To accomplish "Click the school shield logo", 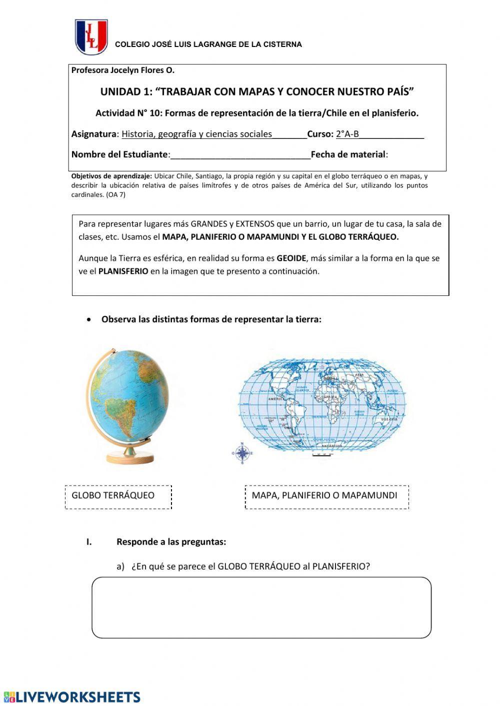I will point(91,37).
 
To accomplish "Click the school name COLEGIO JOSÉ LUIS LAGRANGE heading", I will point(208,44).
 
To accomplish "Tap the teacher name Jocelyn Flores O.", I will point(142,70).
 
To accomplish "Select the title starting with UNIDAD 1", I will point(257,92).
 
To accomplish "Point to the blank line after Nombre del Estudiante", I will point(240,155).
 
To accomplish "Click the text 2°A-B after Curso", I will point(347,134).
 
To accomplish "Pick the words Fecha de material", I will point(348,154).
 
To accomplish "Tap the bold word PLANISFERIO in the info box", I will point(123,271).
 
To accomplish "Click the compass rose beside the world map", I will point(242,453).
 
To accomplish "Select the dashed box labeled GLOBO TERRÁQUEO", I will point(118,497).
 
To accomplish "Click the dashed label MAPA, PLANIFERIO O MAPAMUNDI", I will point(326,497).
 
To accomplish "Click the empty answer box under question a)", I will point(261,608).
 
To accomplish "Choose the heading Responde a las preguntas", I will point(171,542).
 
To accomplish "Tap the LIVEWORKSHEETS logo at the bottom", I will point(71,697).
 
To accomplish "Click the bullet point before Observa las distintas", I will point(89,320).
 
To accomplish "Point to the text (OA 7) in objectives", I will point(116,195).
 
